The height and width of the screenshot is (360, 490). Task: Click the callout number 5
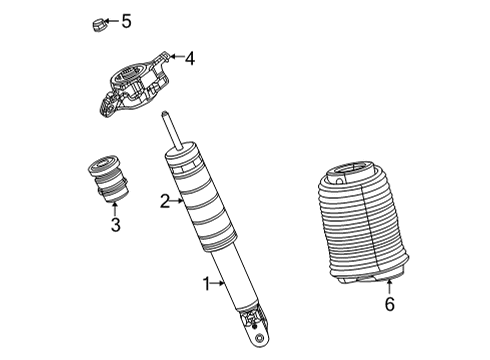point(126,20)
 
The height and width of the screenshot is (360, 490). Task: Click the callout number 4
point(190,58)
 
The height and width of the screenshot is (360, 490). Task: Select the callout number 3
point(115,225)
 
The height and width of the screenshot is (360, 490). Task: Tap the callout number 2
point(165,202)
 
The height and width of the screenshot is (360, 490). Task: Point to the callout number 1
point(207,285)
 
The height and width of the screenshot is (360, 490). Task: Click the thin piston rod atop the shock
point(172,133)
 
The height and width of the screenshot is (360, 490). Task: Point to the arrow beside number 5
point(113,20)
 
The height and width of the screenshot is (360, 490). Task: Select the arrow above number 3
point(114,207)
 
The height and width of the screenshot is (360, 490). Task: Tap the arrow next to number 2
point(177,202)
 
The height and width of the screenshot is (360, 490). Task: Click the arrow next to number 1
point(219,285)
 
